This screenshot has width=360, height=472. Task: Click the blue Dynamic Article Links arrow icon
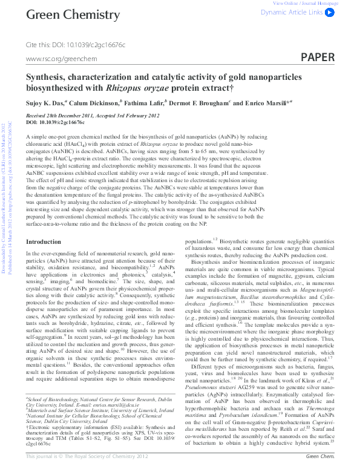coord(330,11)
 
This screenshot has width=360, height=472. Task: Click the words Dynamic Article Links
coord(292,11)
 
